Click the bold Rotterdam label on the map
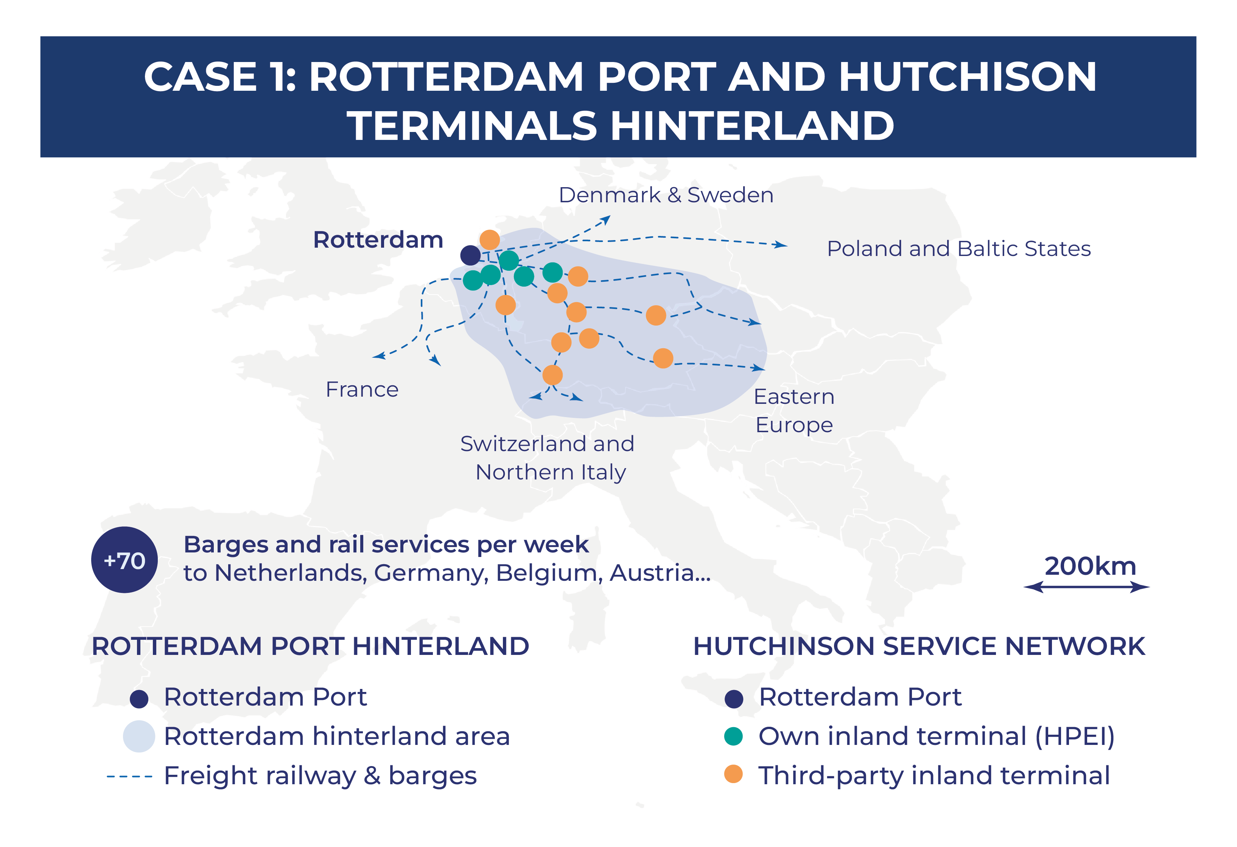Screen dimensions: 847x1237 378,240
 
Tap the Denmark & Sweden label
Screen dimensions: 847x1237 665,195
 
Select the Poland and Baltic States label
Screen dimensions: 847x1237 958,249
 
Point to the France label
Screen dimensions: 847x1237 362,389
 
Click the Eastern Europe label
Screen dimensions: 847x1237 794,411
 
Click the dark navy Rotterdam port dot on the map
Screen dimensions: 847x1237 470,255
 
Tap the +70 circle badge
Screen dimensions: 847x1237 124,560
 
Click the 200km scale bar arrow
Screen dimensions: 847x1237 1086,587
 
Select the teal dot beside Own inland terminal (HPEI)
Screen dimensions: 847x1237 733,736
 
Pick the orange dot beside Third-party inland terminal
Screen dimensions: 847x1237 733,775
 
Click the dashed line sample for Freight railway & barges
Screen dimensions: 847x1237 129,777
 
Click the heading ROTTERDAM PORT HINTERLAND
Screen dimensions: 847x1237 310,647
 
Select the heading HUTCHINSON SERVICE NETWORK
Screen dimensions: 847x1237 919,647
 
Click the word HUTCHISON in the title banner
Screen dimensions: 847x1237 968,77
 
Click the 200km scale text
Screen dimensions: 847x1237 1090,566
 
